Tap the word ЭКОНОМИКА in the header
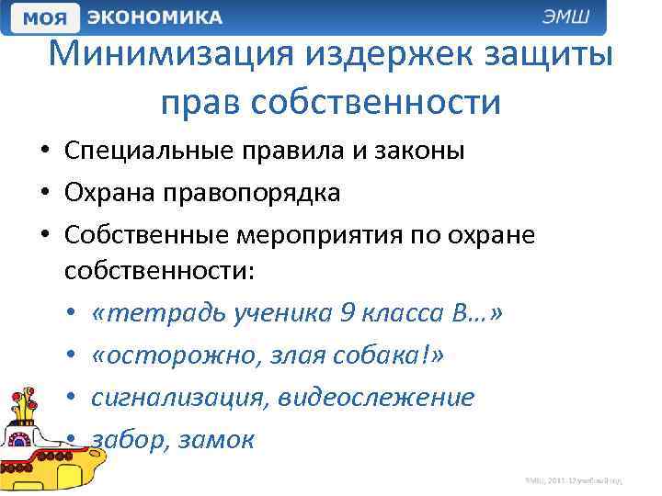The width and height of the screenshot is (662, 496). (154, 17)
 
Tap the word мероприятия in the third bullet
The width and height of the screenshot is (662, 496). (307, 234)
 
